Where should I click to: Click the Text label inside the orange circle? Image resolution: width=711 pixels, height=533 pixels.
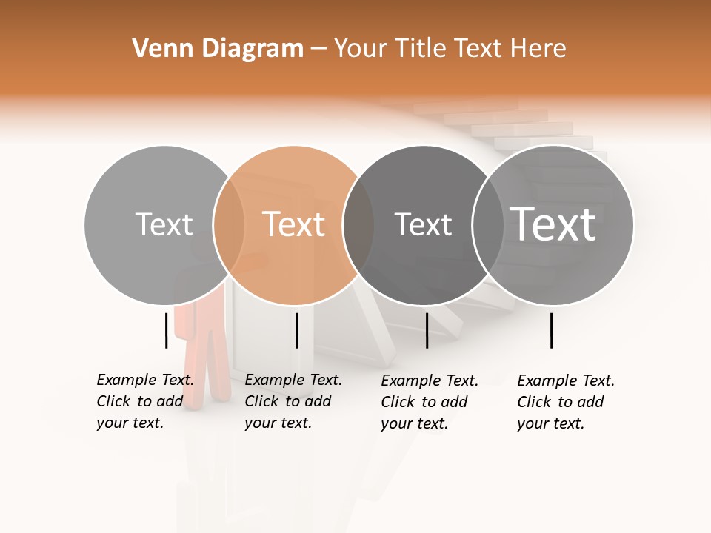[x=294, y=224]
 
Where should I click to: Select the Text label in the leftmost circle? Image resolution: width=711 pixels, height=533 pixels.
[x=164, y=224]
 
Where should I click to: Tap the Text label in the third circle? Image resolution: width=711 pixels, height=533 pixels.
[x=423, y=224]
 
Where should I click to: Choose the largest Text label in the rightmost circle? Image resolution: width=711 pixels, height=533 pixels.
[x=553, y=224]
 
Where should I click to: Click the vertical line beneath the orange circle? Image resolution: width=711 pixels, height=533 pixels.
[x=296, y=330]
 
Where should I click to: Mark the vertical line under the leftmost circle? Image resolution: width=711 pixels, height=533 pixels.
[x=166, y=330]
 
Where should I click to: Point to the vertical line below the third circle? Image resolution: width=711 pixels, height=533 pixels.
[x=427, y=330]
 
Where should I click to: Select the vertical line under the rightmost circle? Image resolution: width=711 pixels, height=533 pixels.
[x=551, y=330]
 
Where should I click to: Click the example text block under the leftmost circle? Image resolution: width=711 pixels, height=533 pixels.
[x=145, y=402]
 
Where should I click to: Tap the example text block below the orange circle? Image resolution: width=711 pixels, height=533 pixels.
[x=293, y=402]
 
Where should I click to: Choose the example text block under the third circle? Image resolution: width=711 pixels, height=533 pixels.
[x=430, y=402]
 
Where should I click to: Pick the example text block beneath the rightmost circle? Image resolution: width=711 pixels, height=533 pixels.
[x=566, y=402]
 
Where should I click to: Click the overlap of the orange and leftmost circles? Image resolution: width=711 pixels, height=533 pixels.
[x=229, y=225]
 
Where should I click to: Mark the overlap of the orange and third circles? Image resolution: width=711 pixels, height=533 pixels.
[x=358, y=225]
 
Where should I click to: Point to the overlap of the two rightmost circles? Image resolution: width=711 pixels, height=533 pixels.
[x=488, y=225]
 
